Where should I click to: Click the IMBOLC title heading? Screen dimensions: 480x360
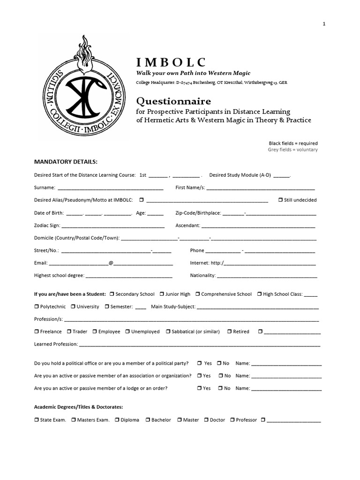[171, 62]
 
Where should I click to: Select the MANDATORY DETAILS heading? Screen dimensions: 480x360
[66, 162]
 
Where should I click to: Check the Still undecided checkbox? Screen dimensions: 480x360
[280, 200]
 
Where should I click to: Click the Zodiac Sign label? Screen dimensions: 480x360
[47, 225]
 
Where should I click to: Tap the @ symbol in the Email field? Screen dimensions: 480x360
[111, 263]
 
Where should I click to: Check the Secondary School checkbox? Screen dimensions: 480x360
[112, 294]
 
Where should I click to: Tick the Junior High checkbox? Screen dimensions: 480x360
[162, 294]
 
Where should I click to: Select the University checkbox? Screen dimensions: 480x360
[73, 307]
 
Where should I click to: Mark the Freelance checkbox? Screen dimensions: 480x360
[37, 331]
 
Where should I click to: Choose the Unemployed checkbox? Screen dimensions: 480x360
[127, 331]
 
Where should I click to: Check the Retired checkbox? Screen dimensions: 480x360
[229, 331]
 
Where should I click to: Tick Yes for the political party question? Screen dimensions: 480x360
[200, 363]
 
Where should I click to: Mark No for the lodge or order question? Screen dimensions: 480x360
[219, 388]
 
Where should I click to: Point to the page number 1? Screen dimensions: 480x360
[324, 24]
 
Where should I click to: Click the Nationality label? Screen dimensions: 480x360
[202, 276]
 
